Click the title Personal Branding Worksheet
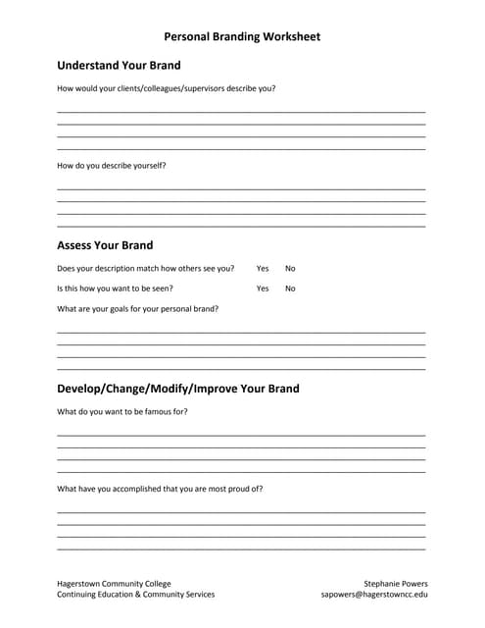click(241, 36)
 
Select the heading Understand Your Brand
click(119, 66)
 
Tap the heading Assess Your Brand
click(105, 245)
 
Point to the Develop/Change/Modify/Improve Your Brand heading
click(178, 389)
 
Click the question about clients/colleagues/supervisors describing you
click(166, 88)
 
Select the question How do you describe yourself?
click(112, 166)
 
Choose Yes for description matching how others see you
click(263, 268)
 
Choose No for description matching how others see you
click(290, 268)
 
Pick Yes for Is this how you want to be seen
click(263, 288)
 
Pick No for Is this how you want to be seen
click(290, 288)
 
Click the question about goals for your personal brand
click(137, 309)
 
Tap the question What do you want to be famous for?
click(122, 412)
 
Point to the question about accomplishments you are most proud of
click(160, 489)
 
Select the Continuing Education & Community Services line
click(135, 595)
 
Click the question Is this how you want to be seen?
click(115, 288)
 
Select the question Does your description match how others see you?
click(145, 268)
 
